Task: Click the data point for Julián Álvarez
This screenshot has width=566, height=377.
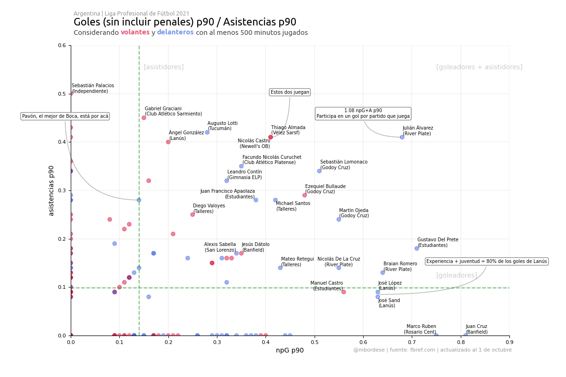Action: [402, 137]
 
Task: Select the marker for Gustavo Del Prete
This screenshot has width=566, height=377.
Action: [416, 248]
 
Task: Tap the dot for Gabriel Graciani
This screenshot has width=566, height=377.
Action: [144, 118]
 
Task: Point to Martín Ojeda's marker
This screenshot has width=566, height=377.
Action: [339, 219]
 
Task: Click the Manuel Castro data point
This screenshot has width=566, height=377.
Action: [343, 292]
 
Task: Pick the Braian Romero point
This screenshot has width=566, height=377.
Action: [383, 272]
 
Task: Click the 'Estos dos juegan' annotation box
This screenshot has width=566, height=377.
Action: [290, 92]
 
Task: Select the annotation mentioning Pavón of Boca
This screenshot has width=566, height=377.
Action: [65, 116]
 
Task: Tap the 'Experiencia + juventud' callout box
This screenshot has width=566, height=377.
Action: [486, 262]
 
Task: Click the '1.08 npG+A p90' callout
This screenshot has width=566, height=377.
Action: [363, 114]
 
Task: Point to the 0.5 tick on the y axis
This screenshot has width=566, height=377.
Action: [62, 94]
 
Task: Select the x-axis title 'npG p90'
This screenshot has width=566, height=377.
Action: [290, 350]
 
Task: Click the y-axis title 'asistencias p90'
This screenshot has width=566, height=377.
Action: [51, 190]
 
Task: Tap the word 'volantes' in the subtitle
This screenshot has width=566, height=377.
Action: [135, 33]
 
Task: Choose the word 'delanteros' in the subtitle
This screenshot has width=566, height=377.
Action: [175, 33]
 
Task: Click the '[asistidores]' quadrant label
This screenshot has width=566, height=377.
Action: [164, 67]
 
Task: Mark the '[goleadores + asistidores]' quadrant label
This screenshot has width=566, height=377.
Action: [479, 67]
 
